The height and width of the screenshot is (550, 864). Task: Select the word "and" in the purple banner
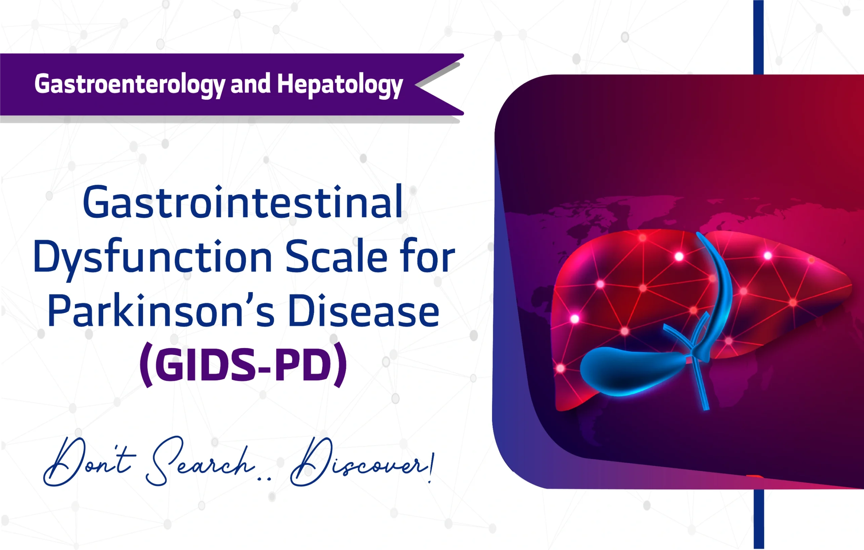[x=250, y=84]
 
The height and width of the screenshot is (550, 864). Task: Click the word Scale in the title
[x=336, y=256]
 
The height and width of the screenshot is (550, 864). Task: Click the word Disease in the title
[x=363, y=311]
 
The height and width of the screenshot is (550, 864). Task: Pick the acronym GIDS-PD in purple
[x=244, y=365]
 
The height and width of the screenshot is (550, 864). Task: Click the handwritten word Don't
[x=88, y=463]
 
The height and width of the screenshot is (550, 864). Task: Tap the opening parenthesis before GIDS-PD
[x=146, y=365]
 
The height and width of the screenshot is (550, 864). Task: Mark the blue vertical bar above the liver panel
[x=758, y=36]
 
